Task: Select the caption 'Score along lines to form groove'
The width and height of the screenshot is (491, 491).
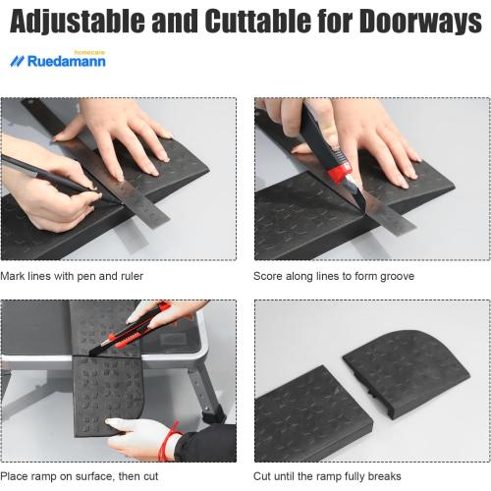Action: tap(334, 276)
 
